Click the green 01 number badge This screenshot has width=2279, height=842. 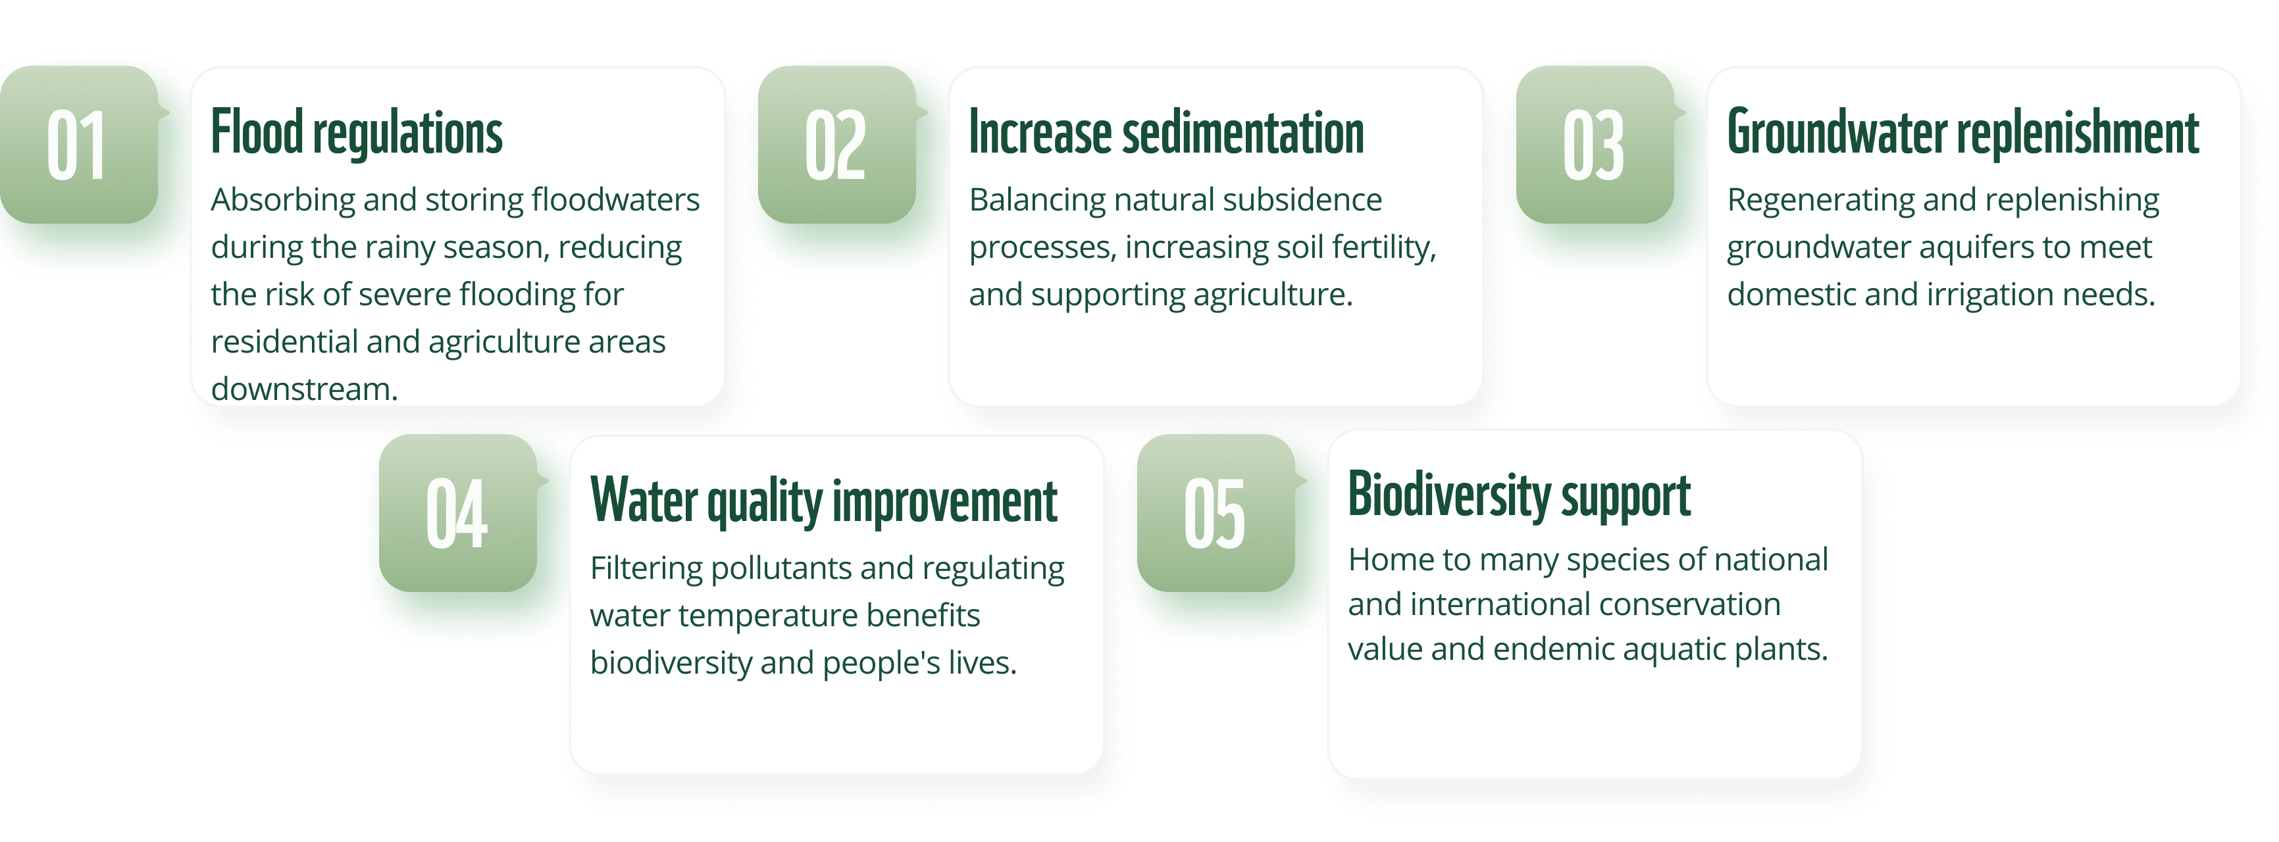(80, 144)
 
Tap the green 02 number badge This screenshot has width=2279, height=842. (838, 144)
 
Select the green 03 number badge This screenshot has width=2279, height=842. (1596, 144)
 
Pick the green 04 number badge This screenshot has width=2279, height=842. (458, 513)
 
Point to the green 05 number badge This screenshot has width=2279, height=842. (1216, 513)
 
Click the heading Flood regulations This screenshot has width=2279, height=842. (357, 133)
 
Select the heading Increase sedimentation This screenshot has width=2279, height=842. (1166, 133)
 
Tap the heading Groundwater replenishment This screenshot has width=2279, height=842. (1962, 133)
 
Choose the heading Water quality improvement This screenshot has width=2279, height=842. (824, 501)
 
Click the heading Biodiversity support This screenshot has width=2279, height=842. (1519, 495)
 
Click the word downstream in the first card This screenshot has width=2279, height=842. (304, 389)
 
